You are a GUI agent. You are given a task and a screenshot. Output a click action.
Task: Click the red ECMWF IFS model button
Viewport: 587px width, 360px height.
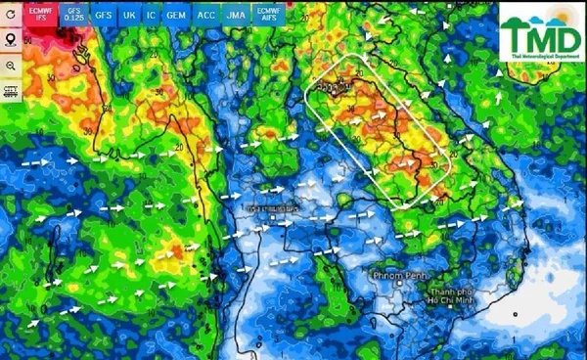40,15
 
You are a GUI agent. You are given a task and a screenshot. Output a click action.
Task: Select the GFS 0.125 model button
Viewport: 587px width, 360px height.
74,15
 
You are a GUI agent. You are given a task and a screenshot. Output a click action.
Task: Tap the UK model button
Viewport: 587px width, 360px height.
129,16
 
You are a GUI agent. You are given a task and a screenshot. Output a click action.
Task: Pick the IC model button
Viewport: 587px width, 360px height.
151,16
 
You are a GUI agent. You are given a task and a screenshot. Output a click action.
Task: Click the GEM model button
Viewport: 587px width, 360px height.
176,16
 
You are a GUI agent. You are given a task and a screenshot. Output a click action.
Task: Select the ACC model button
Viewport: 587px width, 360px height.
206,16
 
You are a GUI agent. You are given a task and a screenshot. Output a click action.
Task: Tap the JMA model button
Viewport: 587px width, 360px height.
236,16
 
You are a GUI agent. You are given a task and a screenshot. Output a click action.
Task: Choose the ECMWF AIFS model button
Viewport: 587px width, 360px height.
267,15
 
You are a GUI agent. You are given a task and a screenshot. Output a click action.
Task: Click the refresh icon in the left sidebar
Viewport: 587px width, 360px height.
11,16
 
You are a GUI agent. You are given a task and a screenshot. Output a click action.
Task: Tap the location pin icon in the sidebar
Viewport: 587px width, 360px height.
11,40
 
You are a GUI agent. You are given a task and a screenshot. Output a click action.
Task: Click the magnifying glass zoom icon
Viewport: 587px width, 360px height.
11,65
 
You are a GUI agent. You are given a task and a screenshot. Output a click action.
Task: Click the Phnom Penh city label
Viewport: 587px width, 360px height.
400,277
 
